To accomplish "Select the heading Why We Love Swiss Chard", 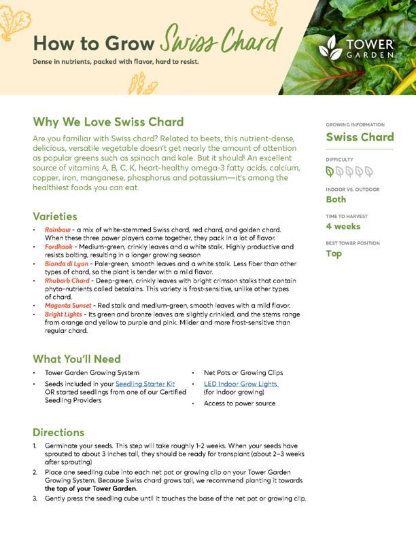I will (x=108, y=122).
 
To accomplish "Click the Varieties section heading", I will (x=54, y=216).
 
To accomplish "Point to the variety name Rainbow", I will (x=58, y=231).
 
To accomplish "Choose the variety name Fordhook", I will (x=59, y=248).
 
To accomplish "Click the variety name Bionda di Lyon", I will (x=67, y=264).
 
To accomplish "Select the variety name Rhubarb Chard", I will (x=67, y=281).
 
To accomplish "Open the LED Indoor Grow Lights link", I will (x=241, y=384).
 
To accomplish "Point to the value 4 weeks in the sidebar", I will (x=343, y=226).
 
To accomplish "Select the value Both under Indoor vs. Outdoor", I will (x=336, y=200).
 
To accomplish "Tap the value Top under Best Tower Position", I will (x=334, y=253).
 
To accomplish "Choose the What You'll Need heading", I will (x=77, y=359).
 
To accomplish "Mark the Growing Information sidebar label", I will (x=355, y=125).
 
